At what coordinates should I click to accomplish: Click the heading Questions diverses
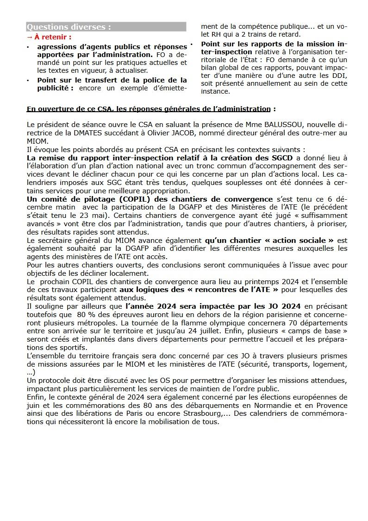[x=69, y=27]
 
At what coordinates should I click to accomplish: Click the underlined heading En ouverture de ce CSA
[x=149, y=109]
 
